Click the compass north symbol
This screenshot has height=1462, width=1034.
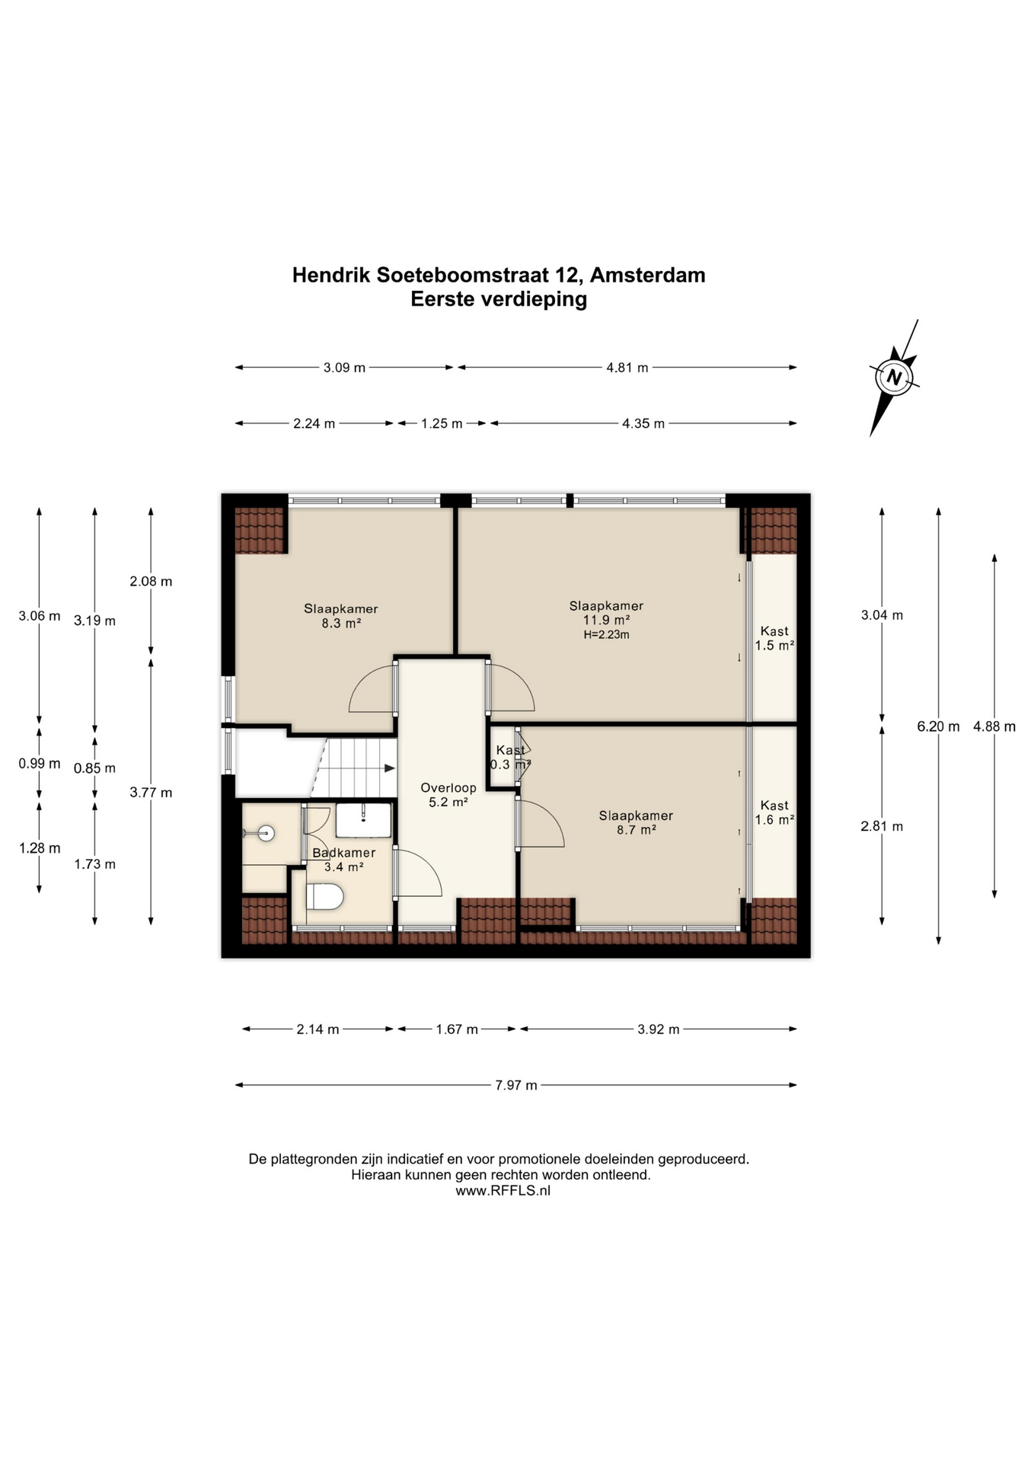(x=894, y=378)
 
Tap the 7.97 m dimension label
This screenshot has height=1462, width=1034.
(x=516, y=1085)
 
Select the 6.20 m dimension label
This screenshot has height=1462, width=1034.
(x=938, y=726)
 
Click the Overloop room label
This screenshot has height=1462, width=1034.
(x=448, y=788)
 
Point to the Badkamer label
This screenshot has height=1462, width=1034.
(x=343, y=853)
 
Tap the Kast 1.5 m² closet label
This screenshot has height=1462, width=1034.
(x=774, y=638)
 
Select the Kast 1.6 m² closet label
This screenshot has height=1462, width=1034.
(x=774, y=812)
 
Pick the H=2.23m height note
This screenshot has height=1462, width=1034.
(x=607, y=634)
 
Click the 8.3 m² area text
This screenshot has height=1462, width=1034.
(x=341, y=623)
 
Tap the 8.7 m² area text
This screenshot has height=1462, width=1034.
(x=636, y=830)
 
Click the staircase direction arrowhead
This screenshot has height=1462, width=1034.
(x=391, y=768)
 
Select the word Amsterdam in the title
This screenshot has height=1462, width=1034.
(x=648, y=275)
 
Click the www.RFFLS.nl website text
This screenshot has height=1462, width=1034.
(x=503, y=1191)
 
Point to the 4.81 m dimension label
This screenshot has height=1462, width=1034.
(x=627, y=368)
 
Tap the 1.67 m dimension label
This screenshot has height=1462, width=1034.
(x=457, y=1029)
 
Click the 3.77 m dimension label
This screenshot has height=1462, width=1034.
(x=151, y=793)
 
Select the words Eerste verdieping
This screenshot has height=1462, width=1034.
(x=499, y=299)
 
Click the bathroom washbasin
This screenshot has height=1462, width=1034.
(x=364, y=819)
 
